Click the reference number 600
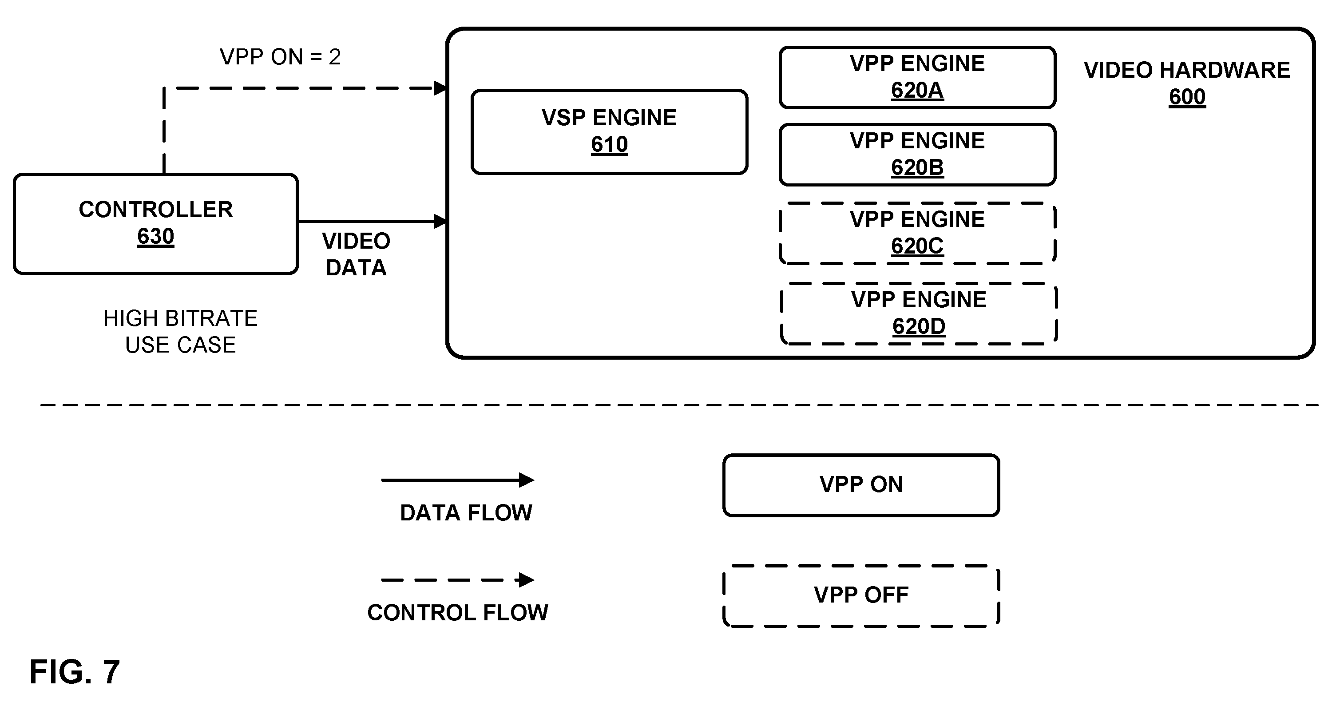coord(1187,97)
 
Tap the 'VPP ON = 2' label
coord(280,57)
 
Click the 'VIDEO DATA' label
coord(356,254)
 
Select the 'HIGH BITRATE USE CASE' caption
coord(180,332)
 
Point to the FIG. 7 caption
coord(75,672)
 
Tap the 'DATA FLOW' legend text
coord(466,513)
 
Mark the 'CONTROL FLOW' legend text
coord(458,613)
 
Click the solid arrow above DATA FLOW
coord(458,480)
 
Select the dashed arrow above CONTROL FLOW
coord(458,580)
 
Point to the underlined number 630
coord(156,237)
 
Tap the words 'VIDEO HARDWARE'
coord(1187,70)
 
